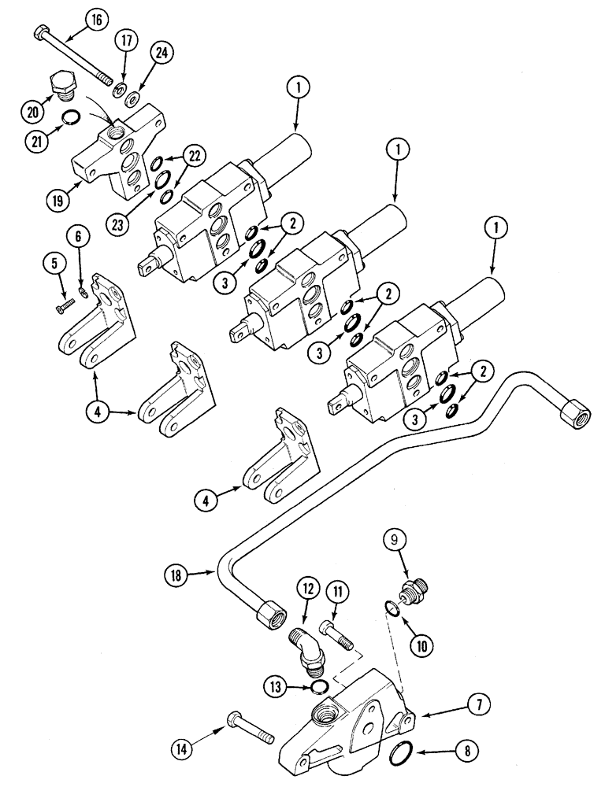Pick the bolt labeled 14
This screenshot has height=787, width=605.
tap(247, 725)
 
